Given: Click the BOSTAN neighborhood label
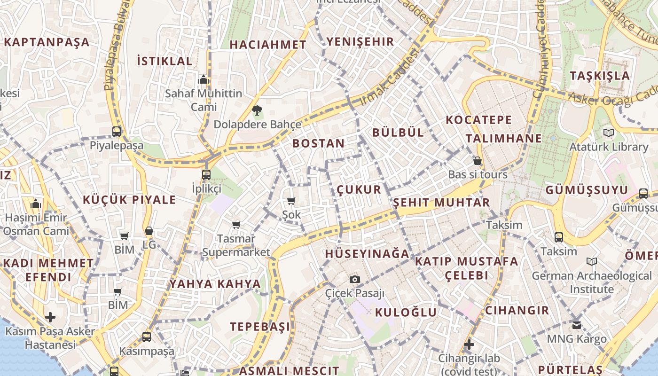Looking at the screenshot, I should click(x=318, y=143).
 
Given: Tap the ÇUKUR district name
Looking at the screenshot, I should click(x=359, y=190).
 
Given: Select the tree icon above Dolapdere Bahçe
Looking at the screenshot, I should click(x=257, y=111).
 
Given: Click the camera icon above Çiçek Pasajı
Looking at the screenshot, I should click(x=355, y=279).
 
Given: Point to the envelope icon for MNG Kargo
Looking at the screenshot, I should click(x=577, y=325).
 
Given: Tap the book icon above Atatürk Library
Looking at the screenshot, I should click(x=609, y=133).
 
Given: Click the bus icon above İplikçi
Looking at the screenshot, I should click(x=206, y=175).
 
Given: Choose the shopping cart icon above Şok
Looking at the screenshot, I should click(x=291, y=201).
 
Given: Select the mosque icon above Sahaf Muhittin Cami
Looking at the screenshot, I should click(x=204, y=79).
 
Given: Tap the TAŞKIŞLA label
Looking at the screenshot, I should click(x=599, y=76).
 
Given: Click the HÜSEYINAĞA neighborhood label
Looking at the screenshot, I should click(x=367, y=254).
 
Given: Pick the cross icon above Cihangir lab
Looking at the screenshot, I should click(x=469, y=345).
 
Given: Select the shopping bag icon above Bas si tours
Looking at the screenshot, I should click(x=478, y=161).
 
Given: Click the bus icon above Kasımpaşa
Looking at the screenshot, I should click(x=147, y=337).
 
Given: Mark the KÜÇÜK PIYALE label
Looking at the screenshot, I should click(x=129, y=200).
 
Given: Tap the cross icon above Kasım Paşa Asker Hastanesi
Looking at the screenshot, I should click(x=50, y=317).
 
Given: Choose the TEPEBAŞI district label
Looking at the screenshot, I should click(x=260, y=327).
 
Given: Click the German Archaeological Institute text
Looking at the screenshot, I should click(x=591, y=282).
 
